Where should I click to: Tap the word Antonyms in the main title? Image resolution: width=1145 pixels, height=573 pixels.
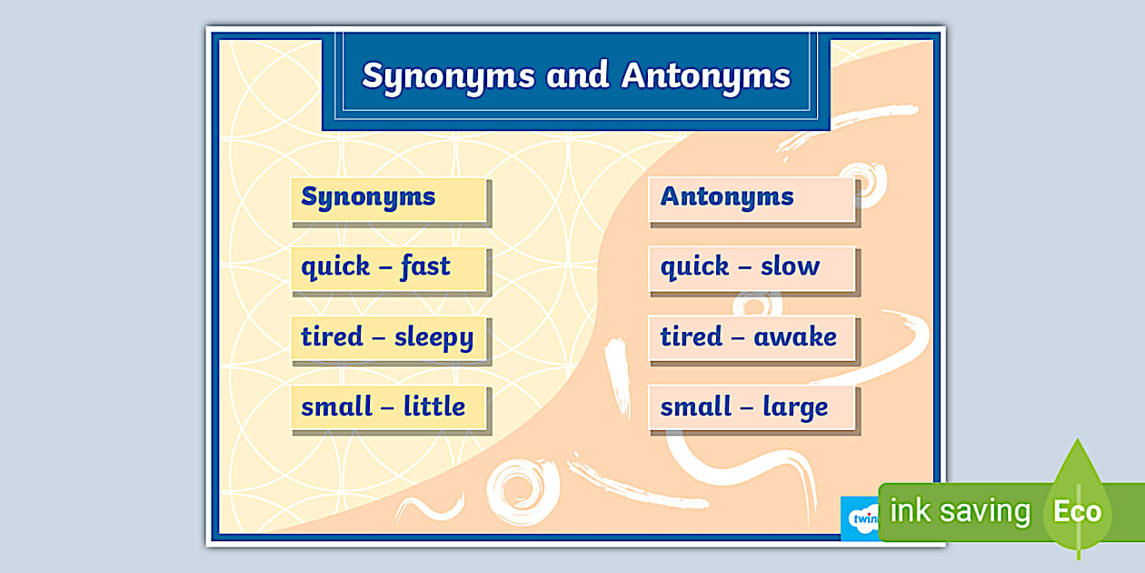(x=706, y=76)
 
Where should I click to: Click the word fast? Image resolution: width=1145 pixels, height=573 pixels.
(x=424, y=266)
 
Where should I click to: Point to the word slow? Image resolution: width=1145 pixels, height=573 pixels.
(x=790, y=266)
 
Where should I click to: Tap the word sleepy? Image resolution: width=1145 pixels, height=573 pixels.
(x=433, y=337)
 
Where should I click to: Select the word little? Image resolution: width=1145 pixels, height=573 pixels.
(x=433, y=407)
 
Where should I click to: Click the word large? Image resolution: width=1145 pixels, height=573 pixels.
(x=795, y=407)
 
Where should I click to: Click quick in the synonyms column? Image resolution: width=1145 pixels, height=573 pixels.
(x=335, y=267)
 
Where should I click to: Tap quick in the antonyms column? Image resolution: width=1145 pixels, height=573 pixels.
(x=694, y=267)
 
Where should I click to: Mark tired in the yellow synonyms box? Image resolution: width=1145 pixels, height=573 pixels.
(x=332, y=337)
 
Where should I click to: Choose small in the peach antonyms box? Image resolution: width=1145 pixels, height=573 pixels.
(x=696, y=407)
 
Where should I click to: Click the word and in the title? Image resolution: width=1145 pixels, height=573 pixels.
(x=577, y=76)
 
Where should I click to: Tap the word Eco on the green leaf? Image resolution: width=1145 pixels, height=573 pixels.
(x=1077, y=511)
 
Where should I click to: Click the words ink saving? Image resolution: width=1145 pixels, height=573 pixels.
(x=960, y=511)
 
